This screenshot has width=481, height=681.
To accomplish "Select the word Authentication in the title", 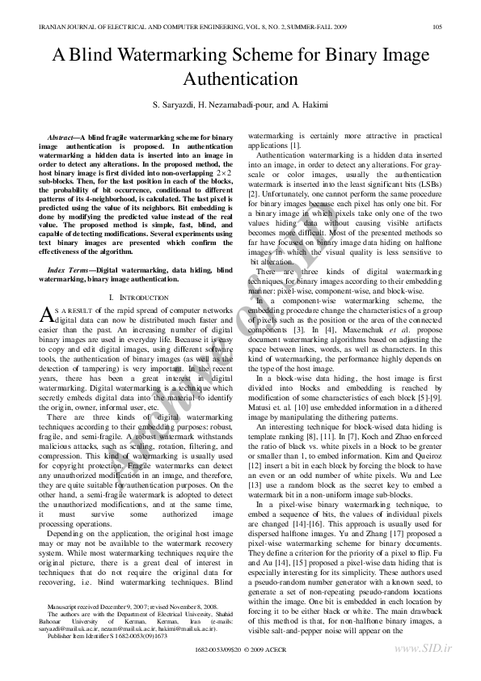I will [x=241, y=79].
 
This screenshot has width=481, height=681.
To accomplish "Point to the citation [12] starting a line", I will [x=255, y=466].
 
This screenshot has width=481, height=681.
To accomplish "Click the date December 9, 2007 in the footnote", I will [x=118, y=604].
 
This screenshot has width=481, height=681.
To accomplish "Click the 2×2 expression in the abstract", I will [x=224, y=173].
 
